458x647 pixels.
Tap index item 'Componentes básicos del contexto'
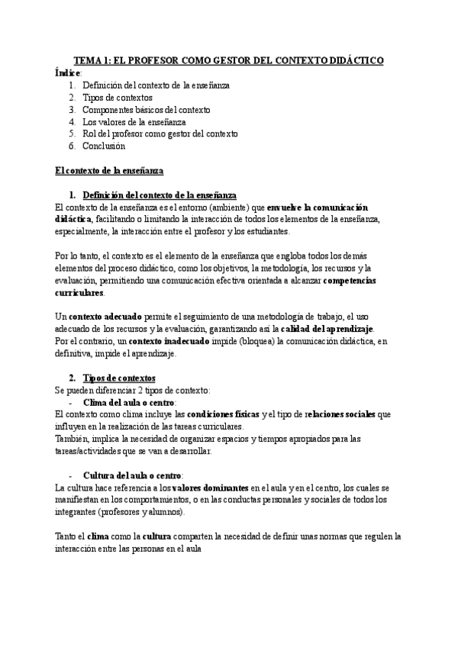coord(147,109)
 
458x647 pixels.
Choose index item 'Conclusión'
coord(104,146)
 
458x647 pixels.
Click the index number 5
coord(72,134)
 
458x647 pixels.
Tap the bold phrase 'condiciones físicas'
coord(224,414)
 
